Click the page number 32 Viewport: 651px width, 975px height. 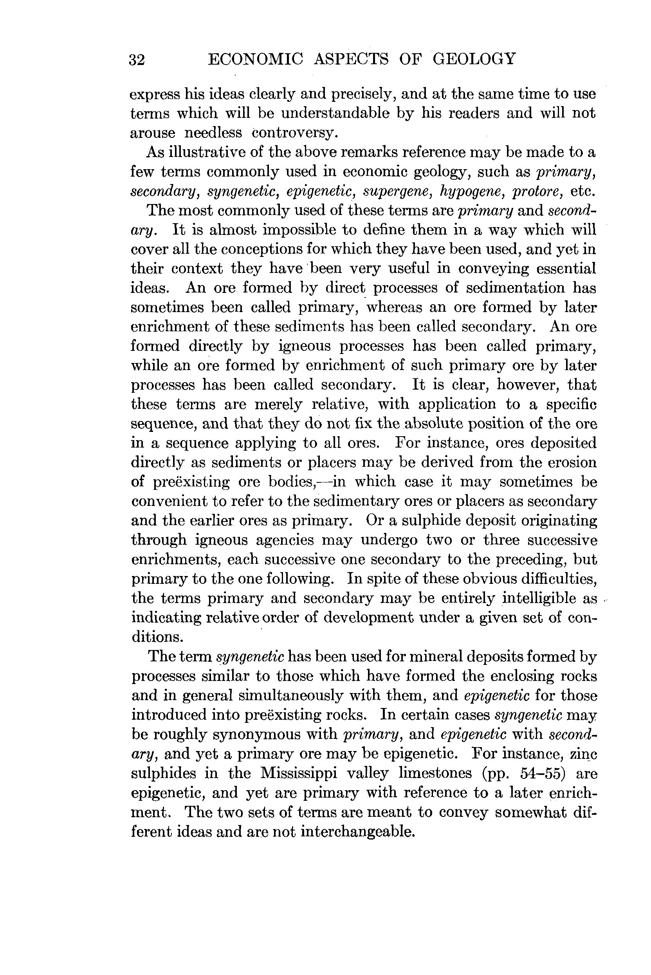pos(137,61)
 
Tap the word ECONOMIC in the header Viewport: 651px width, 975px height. pos(255,59)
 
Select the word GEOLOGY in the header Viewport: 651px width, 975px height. pos(474,59)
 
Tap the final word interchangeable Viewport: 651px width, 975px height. pos(357,831)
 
